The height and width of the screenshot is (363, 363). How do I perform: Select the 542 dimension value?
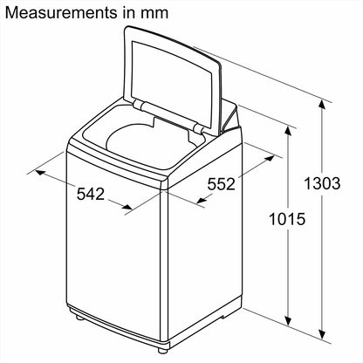coord(91,194)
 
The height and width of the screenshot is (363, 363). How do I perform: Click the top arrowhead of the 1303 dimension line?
coord(324,102)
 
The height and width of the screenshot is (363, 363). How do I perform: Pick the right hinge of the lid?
coord(202,131)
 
